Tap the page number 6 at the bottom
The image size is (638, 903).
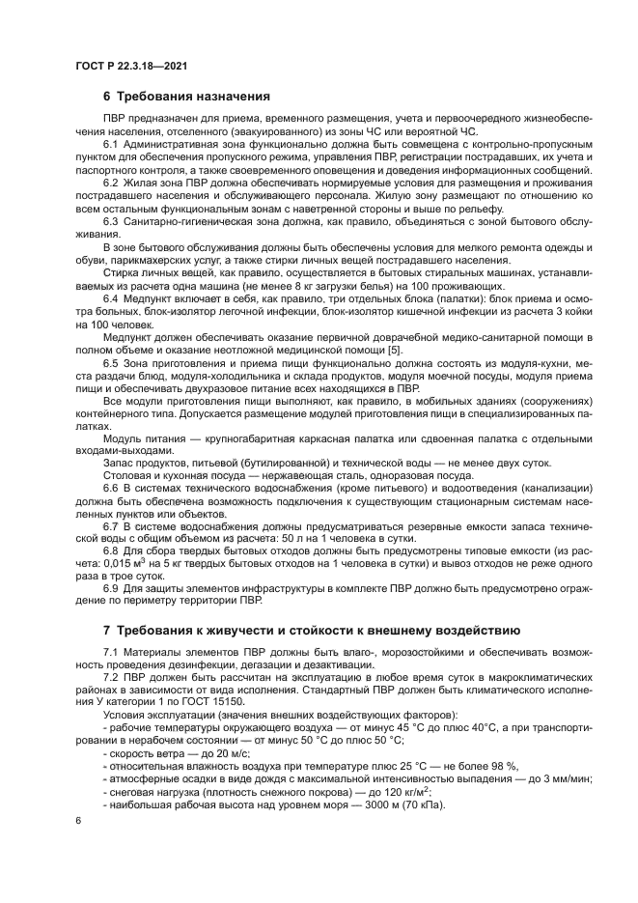click(x=78, y=819)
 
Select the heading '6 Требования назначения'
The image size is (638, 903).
click(x=185, y=97)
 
